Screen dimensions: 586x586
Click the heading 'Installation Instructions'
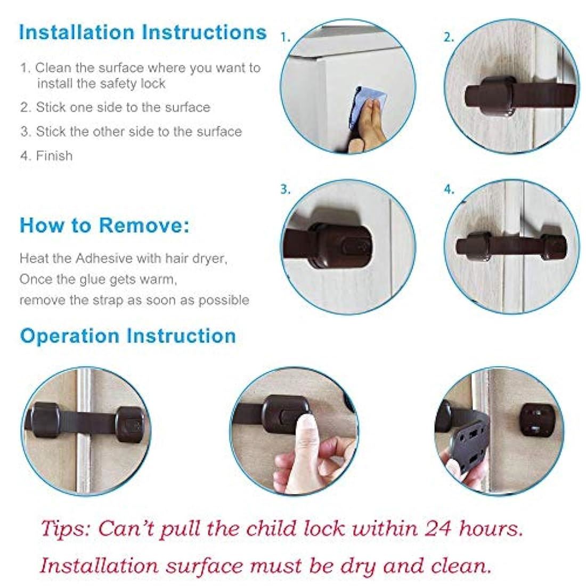point(143,32)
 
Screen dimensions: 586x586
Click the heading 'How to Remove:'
point(104,226)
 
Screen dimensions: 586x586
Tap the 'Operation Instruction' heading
point(128,336)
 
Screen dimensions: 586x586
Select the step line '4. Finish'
point(46,156)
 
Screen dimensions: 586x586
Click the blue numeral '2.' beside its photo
point(449,37)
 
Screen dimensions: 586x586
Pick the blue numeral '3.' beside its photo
point(285,190)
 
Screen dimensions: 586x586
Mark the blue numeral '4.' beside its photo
point(449,190)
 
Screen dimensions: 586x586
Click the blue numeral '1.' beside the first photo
point(285,37)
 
